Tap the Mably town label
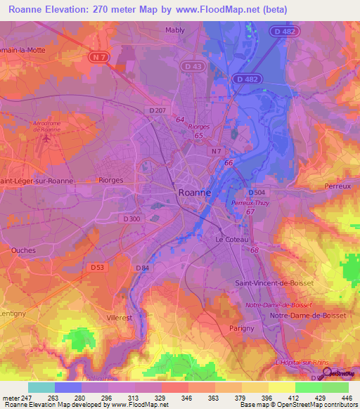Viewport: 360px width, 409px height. click(174, 30)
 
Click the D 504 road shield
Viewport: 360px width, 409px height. click(257, 192)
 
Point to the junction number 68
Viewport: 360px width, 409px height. click(254, 251)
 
